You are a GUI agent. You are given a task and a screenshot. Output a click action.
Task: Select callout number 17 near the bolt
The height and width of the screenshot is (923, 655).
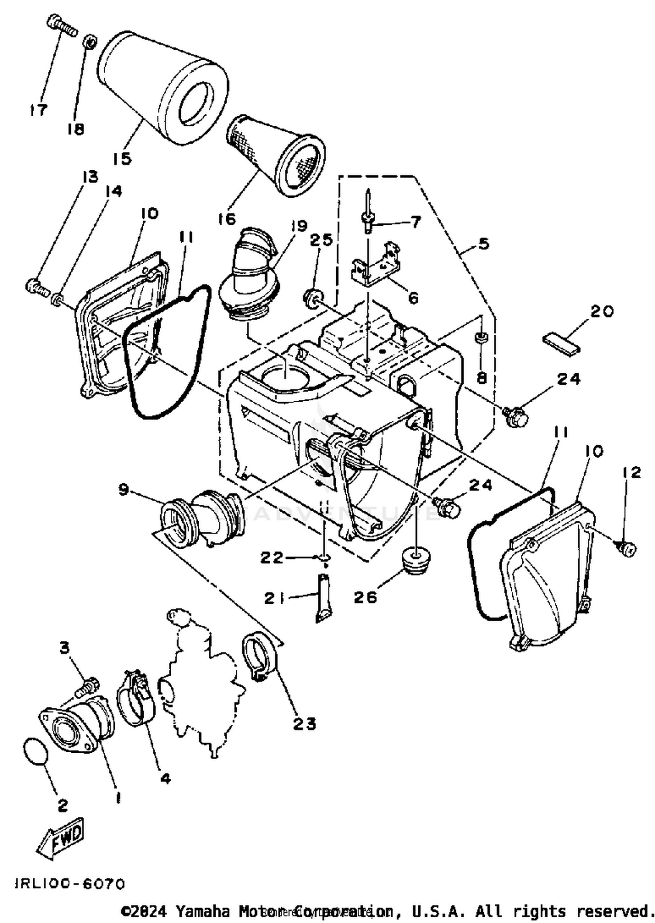pos(38,110)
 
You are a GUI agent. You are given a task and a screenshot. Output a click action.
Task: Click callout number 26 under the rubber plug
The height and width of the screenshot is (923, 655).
pos(365,597)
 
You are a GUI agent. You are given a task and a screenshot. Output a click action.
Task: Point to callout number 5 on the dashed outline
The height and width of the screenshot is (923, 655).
pos(483,244)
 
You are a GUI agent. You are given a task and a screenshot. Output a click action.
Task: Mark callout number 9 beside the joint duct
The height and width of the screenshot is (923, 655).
pos(124,490)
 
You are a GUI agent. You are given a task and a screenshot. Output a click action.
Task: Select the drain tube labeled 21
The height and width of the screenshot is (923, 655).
pos(323,598)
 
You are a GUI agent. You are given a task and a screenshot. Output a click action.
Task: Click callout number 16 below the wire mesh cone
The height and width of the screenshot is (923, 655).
pos(227,219)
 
